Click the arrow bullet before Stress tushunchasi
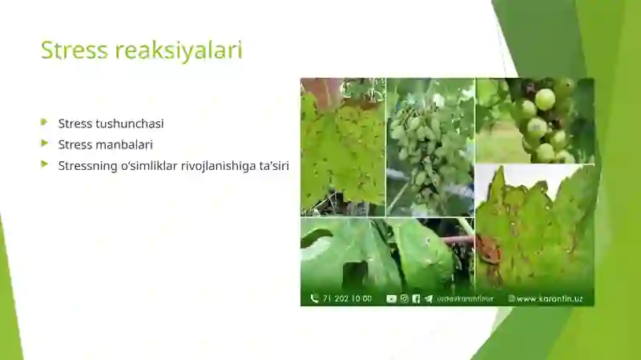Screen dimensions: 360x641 coord(45,123)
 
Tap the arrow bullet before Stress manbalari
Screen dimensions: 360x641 coord(45,144)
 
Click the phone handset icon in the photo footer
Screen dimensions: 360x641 coord(314,298)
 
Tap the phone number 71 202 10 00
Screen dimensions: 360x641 coord(347,298)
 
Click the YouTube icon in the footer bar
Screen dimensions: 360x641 coord(392,298)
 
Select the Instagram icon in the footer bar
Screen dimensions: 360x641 coord(404,298)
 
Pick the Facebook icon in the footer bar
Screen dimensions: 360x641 coord(416,298)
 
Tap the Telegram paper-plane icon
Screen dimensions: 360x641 coord(428,298)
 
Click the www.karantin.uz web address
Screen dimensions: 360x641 coord(549,298)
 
